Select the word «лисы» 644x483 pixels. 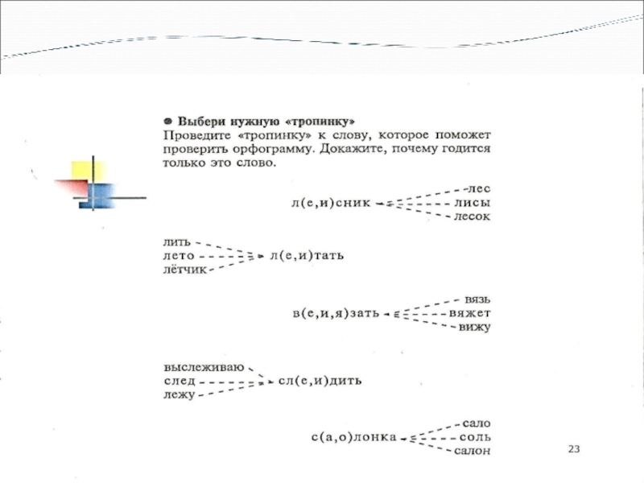(473, 202)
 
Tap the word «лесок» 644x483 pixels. (473, 217)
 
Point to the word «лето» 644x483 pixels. (179, 255)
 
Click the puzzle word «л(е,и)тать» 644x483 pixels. (307, 256)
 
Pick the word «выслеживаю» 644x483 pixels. (204, 366)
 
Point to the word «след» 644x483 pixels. (179, 381)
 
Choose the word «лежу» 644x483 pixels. (179, 395)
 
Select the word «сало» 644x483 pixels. (476, 423)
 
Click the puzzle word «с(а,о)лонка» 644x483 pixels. (354, 437)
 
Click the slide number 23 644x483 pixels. (573, 448)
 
